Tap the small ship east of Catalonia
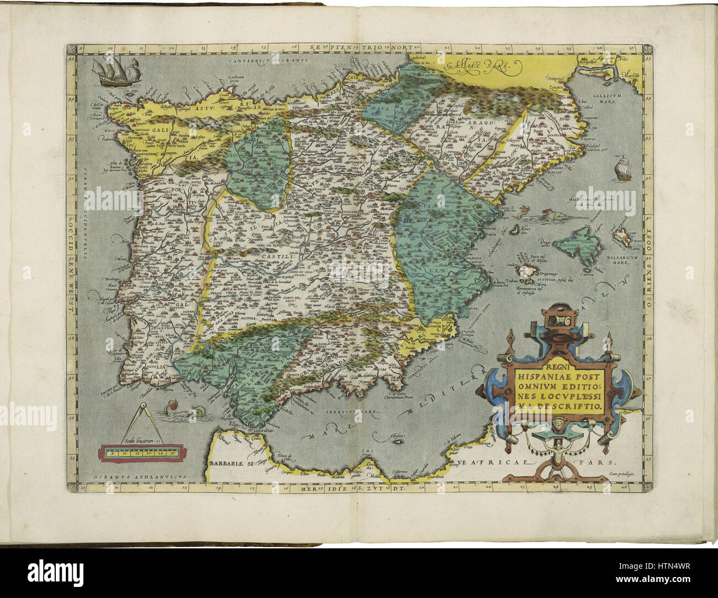[x=622, y=168]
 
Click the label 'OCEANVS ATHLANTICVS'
[x=124, y=476]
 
